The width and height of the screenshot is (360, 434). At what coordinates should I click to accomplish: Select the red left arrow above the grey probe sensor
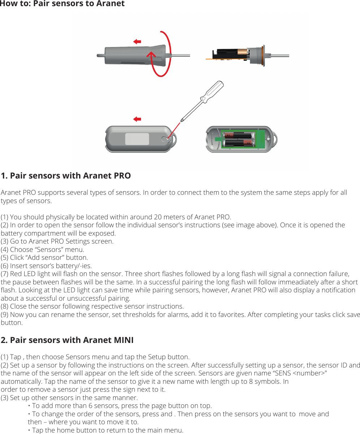pos(137,42)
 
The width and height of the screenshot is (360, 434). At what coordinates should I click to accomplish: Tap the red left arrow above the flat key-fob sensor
pos(137,119)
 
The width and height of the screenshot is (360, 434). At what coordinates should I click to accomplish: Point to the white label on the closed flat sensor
pos(137,139)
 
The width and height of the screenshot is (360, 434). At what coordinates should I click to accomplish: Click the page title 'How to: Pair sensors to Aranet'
pos(62,4)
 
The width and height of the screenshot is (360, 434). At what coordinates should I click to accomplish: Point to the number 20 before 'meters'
pos(158,217)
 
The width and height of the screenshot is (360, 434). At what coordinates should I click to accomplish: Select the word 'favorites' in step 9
pos(229,315)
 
